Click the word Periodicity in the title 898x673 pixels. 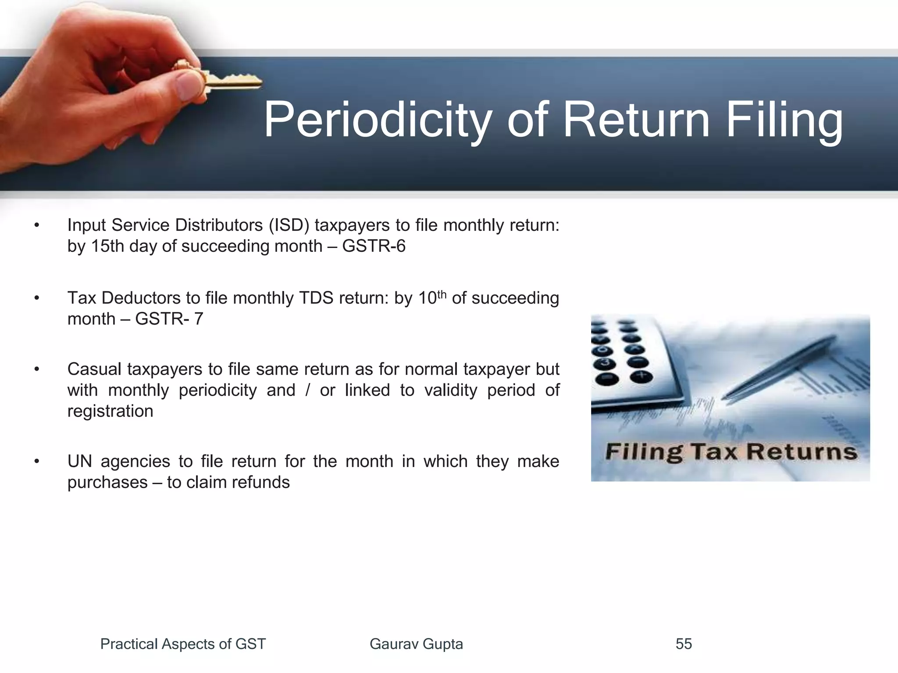click(x=377, y=120)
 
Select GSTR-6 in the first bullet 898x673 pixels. click(x=374, y=246)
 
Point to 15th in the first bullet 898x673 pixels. click(x=107, y=246)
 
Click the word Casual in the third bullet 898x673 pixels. click(x=94, y=369)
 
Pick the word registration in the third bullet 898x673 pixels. click(x=110, y=411)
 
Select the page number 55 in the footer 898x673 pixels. click(x=684, y=644)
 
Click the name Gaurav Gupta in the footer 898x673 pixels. click(x=416, y=644)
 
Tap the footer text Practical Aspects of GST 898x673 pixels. click(x=183, y=644)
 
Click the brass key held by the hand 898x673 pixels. click(x=232, y=81)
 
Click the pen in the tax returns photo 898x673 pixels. click(x=776, y=368)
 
